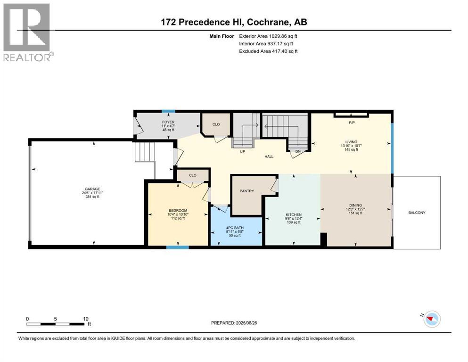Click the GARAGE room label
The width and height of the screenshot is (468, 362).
[x=92, y=189]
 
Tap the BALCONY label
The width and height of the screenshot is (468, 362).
[x=417, y=213]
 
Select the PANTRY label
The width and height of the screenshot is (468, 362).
[x=246, y=191]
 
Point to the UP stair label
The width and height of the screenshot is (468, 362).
[x=242, y=152]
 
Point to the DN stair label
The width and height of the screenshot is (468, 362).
[x=297, y=152]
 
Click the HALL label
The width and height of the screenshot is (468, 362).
[x=269, y=156]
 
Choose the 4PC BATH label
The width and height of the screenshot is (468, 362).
[x=235, y=227]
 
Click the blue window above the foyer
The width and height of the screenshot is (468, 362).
[x=166, y=111]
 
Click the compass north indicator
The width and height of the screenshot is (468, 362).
[x=429, y=319]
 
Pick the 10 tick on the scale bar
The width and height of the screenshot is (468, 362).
[x=85, y=319]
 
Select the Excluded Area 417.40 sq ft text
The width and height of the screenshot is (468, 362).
[x=268, y=51]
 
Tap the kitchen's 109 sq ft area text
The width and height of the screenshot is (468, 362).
[x=293, y=222]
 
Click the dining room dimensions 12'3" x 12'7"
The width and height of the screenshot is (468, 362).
[x=356, y=209]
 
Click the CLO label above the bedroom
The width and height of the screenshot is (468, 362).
[x=192, y=175]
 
